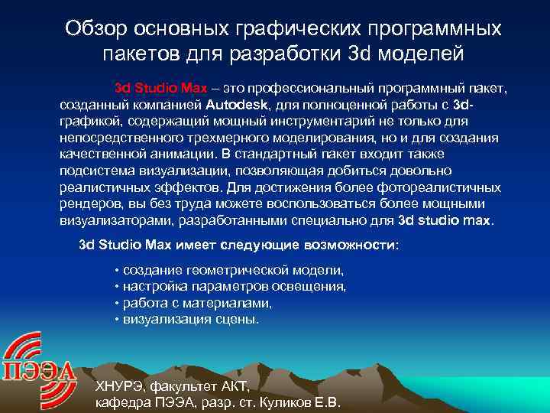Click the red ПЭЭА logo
(x=38, y=364)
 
